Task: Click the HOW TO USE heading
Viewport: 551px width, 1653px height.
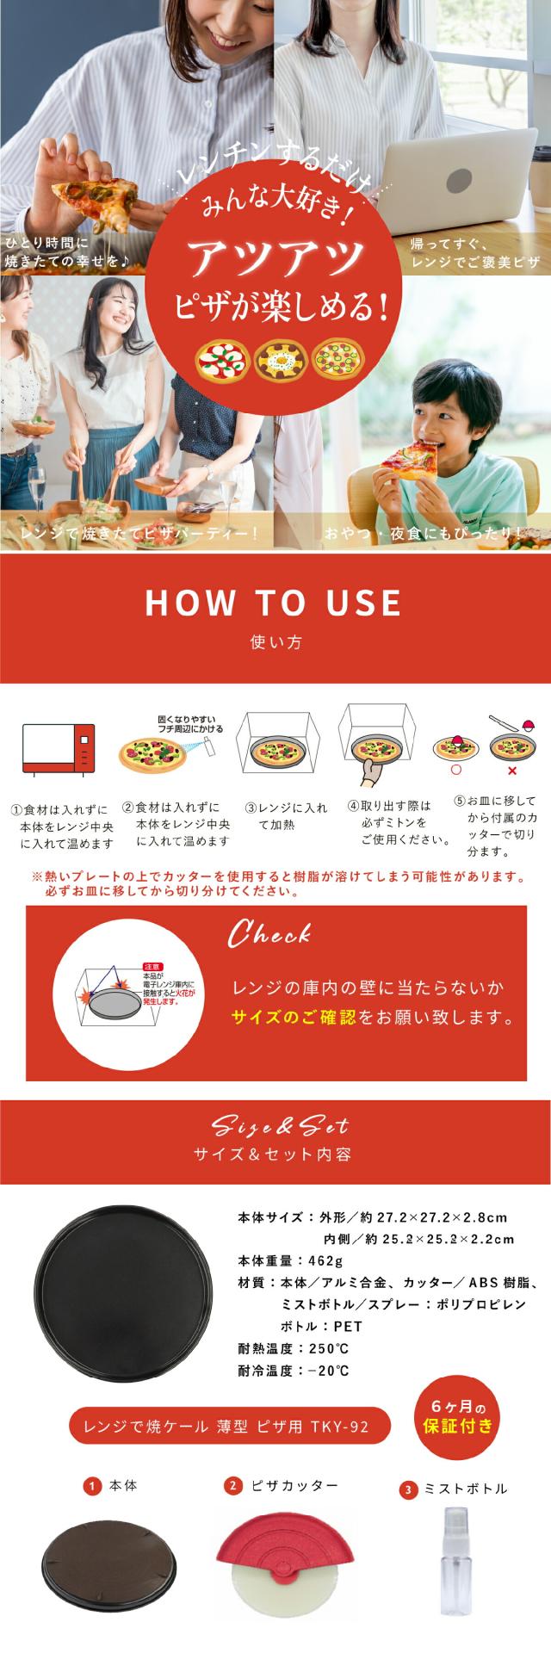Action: coord(273,603)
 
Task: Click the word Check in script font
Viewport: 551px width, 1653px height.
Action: coord(269,934)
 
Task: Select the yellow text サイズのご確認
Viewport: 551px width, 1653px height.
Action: coord(294,1018)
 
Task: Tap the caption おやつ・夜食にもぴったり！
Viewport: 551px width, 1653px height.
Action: coord(422,534)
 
